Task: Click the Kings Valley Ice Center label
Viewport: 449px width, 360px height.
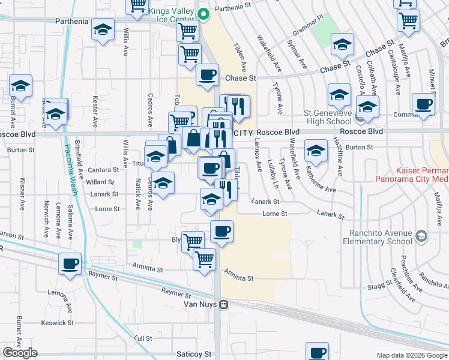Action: click(x=172, y=15)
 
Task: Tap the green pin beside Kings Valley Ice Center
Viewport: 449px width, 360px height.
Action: click(x=203, y=12)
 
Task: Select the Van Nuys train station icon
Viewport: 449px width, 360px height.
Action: click(x=223, y=304)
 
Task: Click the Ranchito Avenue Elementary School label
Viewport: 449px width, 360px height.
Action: click(x=378, y=238)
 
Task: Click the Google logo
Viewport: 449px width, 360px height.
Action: click(x=20, y=352)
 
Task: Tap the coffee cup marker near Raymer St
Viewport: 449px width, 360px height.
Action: click(x=70, y=263)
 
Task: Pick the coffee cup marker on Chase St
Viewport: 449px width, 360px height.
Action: click(x=208, y=75)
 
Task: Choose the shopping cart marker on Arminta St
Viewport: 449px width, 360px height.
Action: click(x=204, y=260)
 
